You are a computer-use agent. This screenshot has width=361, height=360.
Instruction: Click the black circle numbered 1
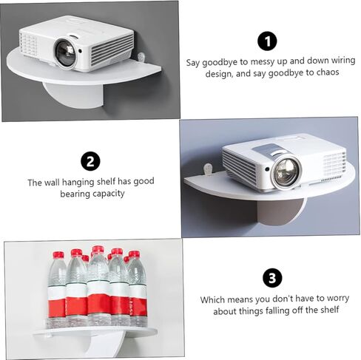click(x=267, y=41)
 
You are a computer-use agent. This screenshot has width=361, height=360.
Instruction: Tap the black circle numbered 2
click(x=90, y=161)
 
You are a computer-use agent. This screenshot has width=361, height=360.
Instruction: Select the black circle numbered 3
click(x=272, y=278)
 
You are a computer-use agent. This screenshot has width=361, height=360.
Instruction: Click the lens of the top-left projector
click(x=66, y=52)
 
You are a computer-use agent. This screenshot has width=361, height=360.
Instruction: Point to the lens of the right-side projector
click(x=286, y=172)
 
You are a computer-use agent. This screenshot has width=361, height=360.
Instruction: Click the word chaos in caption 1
click(x=328, y=72)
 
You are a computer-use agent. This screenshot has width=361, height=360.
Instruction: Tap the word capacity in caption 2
click(x=108, y=194)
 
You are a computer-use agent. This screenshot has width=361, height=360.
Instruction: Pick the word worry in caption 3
click(x=338, y=299)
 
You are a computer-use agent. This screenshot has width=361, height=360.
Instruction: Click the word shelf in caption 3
click(x=330, y=310)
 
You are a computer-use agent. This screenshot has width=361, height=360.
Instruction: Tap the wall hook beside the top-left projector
click(x=141, y=58)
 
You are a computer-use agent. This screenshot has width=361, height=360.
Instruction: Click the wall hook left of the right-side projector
click(x=208, y=169)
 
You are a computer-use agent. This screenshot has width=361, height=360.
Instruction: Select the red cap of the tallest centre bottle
click(x=98, y=249)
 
